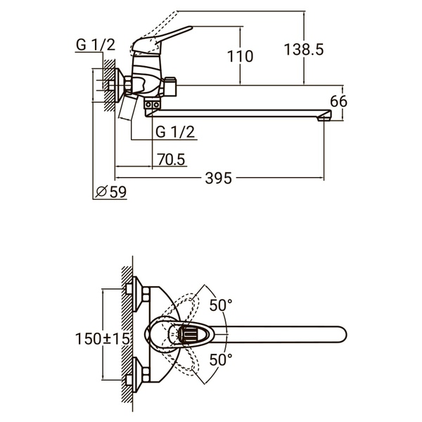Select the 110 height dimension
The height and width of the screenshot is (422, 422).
[x=240, y=56]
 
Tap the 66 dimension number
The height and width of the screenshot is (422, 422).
[x=339, y=101]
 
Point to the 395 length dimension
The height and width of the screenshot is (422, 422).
[x=220, y=179]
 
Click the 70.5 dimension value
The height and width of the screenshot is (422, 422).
[x=171, y=160]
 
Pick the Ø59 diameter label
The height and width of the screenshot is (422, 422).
[x=110, y=191]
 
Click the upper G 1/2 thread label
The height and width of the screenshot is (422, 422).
[x=94, y=44]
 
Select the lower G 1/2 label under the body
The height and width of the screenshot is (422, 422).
[x=175, y=131]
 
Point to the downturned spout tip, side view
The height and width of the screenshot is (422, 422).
[x=325, y=115]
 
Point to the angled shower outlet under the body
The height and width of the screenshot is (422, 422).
[x=129, y=110]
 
